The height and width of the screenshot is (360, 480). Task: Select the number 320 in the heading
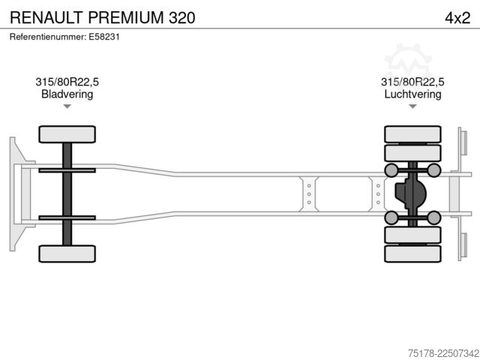click(181, 17)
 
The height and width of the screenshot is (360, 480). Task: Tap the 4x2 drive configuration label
click(457, 18)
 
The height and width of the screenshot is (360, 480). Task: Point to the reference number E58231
click(104, 37)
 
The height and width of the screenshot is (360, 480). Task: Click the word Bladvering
click(67, 94)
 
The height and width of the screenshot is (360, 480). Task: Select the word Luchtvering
click(412, 94)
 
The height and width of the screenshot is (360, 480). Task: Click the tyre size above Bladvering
click(67, 82)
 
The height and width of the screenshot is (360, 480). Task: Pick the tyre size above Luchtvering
click(412, 82)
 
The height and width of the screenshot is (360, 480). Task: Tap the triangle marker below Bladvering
click(67, 106)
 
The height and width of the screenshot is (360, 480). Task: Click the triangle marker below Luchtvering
click(412, 106)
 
